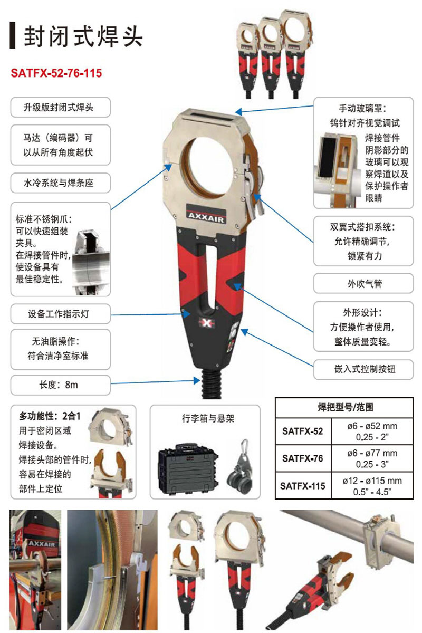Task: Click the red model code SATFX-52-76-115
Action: click(56, 73)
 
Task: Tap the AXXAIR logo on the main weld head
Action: click(206, 217)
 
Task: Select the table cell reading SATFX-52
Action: click(303, 431)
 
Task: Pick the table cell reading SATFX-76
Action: click(303, 458)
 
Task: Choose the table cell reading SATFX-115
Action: click(303, 486)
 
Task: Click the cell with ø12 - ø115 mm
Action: click(372, 486)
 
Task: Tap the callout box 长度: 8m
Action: click(60, 385)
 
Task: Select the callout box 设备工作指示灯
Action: click(60, 314)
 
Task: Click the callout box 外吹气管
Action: click(363, 283)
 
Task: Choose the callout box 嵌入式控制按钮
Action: click(363, 369)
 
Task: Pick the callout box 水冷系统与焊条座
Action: click(60, 183)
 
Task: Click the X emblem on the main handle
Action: click(207, 323)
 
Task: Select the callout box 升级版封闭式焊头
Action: click(60, 108)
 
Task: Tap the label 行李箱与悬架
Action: click(208, 418)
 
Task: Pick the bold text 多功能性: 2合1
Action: click(50, 416)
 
